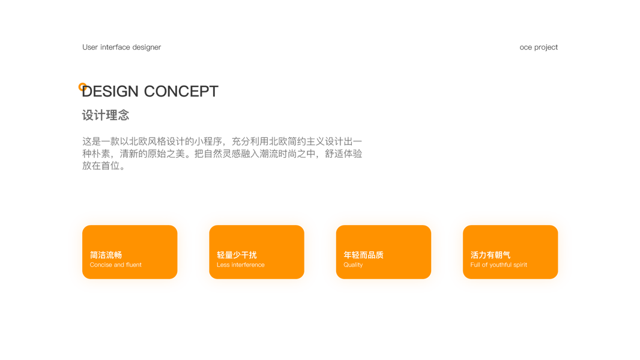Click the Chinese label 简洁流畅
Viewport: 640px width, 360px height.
106,255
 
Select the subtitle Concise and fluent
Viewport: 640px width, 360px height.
116,265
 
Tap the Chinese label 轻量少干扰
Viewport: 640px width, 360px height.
237,255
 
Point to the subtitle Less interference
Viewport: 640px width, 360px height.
240,265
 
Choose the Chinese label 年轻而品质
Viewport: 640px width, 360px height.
363,255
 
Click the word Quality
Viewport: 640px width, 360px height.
353,265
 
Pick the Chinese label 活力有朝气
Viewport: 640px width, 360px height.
491,255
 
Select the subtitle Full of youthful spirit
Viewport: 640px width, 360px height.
498,265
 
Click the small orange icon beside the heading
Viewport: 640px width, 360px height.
82,86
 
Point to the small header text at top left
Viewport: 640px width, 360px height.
121,47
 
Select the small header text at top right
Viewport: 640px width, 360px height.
539,47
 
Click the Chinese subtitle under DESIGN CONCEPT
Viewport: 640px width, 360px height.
106,115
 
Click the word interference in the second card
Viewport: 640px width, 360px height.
248,265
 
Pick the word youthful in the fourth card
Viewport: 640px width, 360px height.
502,265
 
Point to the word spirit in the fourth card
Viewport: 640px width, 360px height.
521,265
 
